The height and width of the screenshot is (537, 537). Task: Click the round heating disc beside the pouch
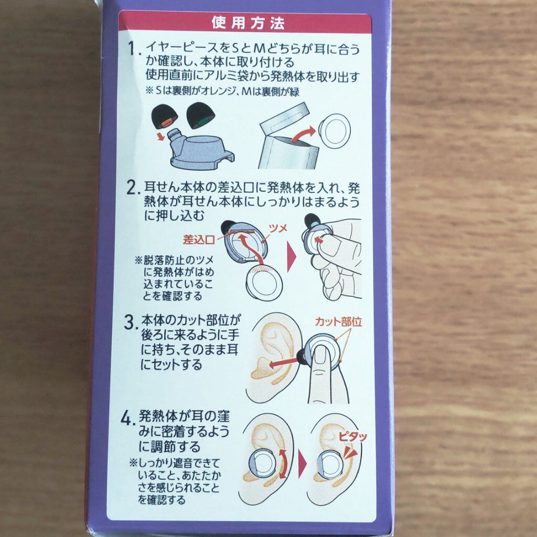334,131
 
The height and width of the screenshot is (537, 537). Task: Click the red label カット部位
338,321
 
